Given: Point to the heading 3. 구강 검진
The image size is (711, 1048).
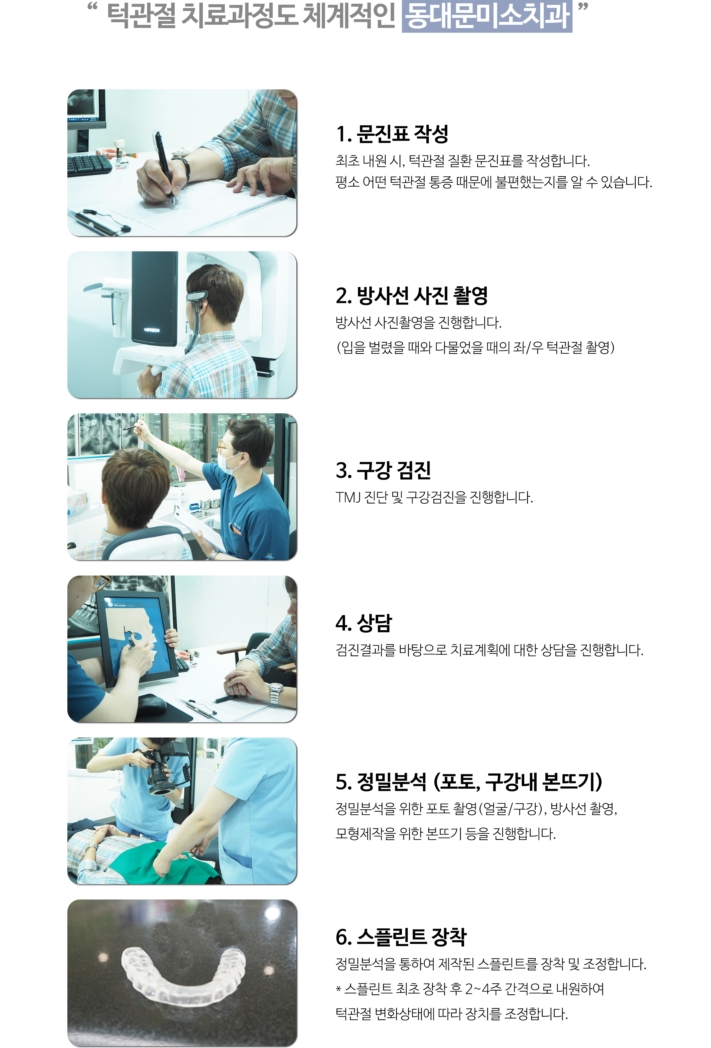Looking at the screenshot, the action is pyautogui.click(x=383, y=470).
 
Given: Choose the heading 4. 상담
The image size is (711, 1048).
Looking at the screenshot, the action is pyautogui.click(x=364, y=623).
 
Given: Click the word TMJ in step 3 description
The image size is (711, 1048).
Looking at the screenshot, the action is pyautogui.click(x=348, y=497).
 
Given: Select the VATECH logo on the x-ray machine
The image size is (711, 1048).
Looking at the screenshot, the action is pyautogui.click(x=151, y=330).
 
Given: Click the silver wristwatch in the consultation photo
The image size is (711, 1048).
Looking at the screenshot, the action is pyautogui.click(x=275, y=693).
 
